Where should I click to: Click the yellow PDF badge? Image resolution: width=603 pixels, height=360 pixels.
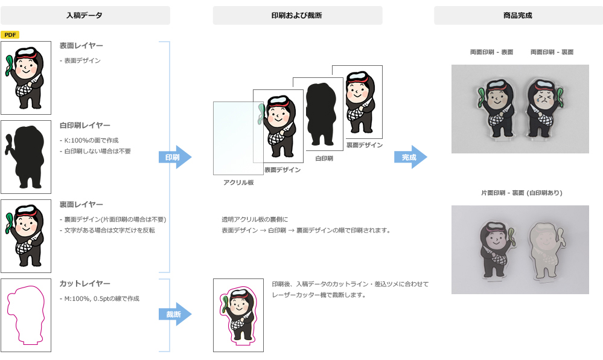(10, 35)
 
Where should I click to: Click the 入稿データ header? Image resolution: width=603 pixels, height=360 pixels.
(85, 15)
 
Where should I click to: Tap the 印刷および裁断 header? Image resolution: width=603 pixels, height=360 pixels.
(297, 15)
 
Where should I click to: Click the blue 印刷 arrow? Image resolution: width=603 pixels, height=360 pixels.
(174, 157)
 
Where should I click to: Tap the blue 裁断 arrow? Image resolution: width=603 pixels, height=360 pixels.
(174, 314)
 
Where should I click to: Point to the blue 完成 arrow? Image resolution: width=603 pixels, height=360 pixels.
(410, 157)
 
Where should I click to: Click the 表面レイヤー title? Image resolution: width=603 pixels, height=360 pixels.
(81, 46)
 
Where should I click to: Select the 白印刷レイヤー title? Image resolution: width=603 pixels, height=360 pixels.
(85, 125)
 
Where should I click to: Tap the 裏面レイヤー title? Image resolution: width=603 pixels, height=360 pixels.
(81, 204)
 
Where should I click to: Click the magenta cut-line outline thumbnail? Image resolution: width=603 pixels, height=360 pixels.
(26, 315)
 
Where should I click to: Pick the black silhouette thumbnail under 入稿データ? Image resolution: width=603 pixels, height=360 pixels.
(26, 157)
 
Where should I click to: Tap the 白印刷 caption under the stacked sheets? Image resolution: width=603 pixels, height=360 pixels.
(324, 158)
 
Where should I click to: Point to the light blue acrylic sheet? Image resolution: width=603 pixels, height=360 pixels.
(233, 139)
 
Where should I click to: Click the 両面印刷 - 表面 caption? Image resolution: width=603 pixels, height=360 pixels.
(491, 53)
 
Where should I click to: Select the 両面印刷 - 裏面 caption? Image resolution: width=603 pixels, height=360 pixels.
(552, 53)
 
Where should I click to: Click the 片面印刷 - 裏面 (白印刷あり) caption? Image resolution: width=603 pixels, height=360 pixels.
(521, 193)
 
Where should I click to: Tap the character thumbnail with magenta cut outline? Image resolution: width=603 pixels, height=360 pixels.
(238, 315)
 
